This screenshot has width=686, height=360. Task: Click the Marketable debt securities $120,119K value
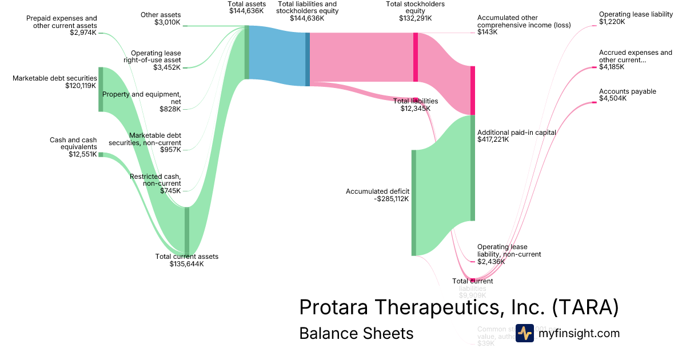click(x=81, y=86)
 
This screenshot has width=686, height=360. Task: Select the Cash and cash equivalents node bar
click(x=101, y=154)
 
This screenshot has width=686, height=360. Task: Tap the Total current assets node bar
click(x=186, y=231)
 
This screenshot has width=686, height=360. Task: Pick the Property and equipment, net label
click(x=142, y=101)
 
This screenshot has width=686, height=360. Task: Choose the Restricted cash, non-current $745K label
click(x=155, y=183)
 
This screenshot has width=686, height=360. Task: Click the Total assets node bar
click(x=246, y=52)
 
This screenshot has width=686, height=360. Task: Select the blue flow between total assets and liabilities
click(x=277, y=56)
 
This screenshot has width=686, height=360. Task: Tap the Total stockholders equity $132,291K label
click(x=416, y=11)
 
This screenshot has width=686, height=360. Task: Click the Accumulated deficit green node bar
click(x=413, y=203)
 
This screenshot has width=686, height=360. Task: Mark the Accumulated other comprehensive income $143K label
click(x=516, y=25)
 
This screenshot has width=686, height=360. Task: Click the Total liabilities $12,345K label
click(x=416, y=105)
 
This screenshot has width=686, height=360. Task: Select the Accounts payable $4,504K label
click(x=628, y=95)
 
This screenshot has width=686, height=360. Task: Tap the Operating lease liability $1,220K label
click(x=636, y=18)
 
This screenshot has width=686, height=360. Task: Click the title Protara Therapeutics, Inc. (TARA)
click(x=458, y=308)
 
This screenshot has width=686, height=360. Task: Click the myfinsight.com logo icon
click(x=524, y=333)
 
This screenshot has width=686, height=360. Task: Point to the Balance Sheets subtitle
click(x=356, y=334)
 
